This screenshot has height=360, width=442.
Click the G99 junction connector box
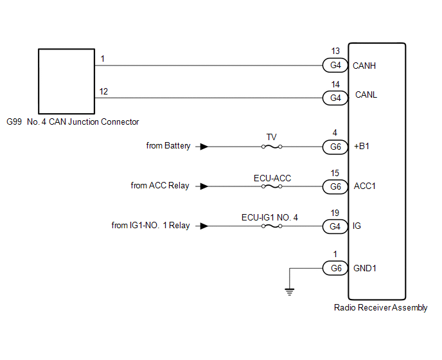[x=65, y=80]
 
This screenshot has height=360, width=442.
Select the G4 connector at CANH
[x=335, y=66]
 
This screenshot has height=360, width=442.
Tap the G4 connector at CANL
[x=335, y=98]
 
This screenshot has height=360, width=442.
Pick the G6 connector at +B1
[x=335, y=147]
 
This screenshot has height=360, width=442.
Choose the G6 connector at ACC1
[x=335, y=186]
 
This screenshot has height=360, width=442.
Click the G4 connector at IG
[x=335, y=226]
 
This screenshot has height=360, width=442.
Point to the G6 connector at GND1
[x=335, y=267]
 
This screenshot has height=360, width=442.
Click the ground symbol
[x=289, y=291]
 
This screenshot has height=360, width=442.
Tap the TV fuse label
[x=272, y=138]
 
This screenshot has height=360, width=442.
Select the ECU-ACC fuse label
[x=272, y=177]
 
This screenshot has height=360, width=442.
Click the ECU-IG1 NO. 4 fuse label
[x=270, y=217]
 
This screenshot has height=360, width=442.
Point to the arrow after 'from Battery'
[x=203, y=147]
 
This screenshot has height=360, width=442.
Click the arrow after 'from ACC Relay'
[x=203, y=186]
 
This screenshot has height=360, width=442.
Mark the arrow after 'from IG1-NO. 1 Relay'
[x=203, y=226]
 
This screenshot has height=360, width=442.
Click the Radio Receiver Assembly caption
[x=380, y=308]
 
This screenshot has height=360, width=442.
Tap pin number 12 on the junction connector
[x=103, y=92]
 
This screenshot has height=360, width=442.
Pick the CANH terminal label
[x=365, y=66]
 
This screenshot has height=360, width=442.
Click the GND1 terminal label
[x=365, y=267]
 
